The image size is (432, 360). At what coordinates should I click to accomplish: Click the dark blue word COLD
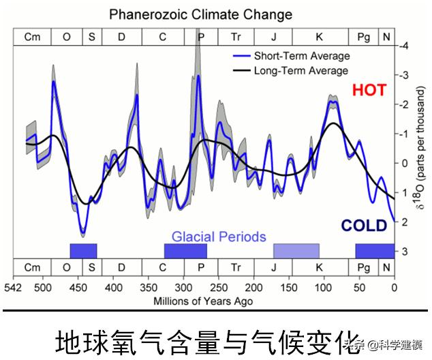pyautogui.click(x=364, y=226)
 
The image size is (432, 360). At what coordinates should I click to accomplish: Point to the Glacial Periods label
pyautogui.click(x=218, y=237)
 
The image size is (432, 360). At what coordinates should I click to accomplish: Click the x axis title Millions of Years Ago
pyautogui.click(x=203, y=301)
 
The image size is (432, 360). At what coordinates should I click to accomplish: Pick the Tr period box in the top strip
pyautogui.click(x=236, y=37)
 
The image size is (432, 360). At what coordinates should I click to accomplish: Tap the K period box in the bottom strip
pyautogui.click(x=319, y=267)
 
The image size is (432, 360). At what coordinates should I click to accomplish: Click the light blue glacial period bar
pyautogui.click(x=296, y=251)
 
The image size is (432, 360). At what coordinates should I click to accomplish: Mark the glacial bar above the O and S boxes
pyautogui.click(x=83, y=251)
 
